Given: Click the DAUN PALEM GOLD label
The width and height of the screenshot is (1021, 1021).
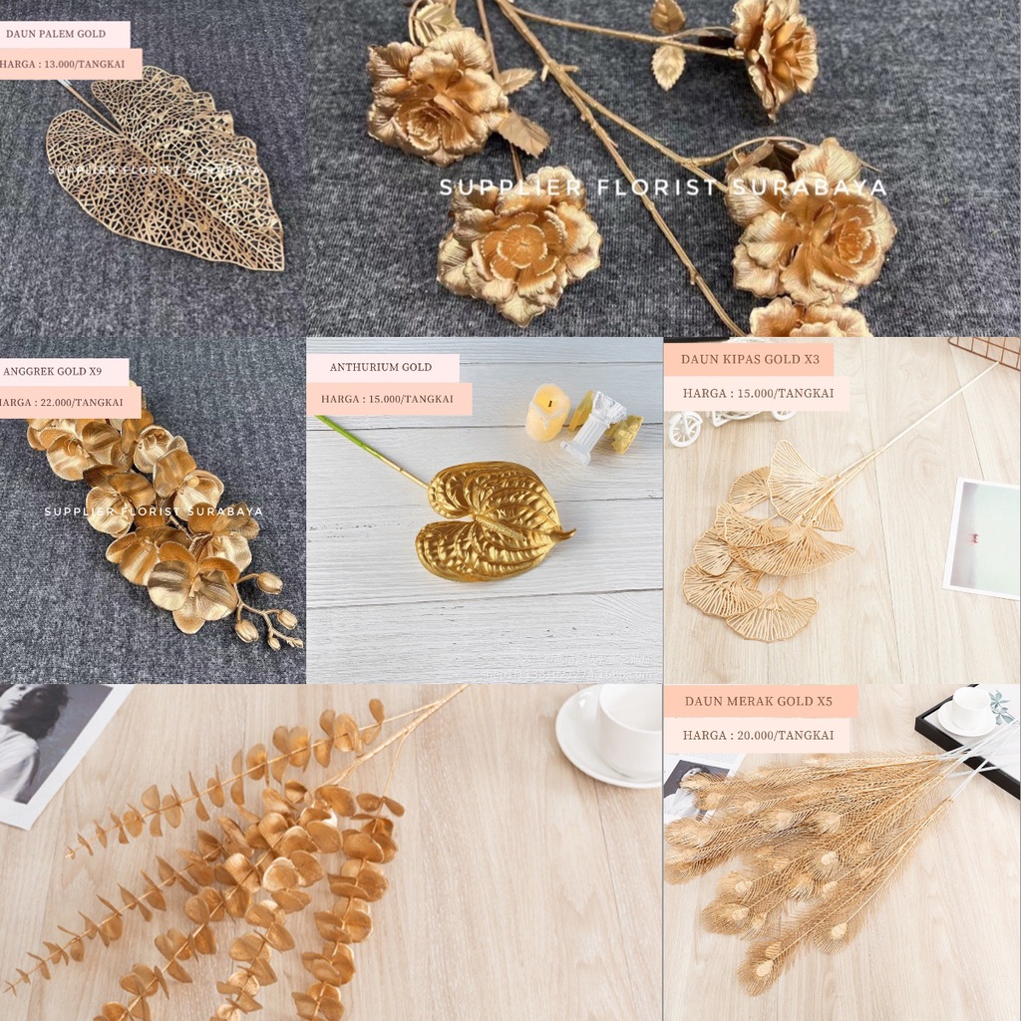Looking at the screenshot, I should coord(56,34).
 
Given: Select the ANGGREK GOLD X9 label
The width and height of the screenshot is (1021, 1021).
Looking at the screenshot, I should coord(54,372).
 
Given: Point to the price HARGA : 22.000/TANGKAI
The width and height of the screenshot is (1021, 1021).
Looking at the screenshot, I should coord(62,402).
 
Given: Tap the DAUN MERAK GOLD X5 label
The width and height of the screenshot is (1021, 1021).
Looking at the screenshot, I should coord(758,701).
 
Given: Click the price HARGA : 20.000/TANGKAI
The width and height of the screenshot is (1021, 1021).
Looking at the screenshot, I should coord(758,736).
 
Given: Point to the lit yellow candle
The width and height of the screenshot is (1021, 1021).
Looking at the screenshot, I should coord(546,412).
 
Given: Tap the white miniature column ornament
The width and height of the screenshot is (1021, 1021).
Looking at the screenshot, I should coord(596,426).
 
